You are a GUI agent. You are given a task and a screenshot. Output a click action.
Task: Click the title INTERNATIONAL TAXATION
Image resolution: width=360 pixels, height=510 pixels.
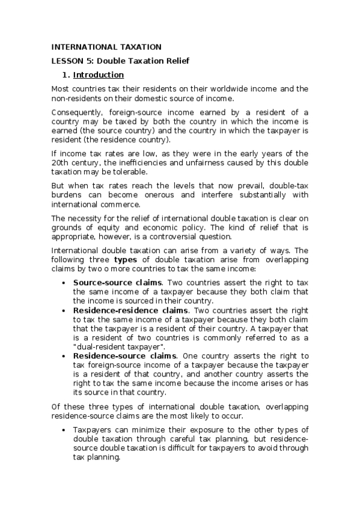106,47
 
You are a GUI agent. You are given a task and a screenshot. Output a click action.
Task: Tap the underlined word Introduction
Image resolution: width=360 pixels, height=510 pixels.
99,75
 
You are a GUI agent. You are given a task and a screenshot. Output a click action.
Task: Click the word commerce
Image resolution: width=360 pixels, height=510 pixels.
123,204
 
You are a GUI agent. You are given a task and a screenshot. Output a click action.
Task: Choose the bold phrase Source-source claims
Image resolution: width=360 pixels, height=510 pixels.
117,283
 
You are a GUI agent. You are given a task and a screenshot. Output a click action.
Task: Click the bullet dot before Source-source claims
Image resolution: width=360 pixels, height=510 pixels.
64,283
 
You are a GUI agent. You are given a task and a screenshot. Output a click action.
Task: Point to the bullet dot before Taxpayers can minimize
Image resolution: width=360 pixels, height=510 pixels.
64,430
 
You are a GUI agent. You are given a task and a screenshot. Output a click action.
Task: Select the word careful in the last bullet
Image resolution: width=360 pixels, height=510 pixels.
183,439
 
